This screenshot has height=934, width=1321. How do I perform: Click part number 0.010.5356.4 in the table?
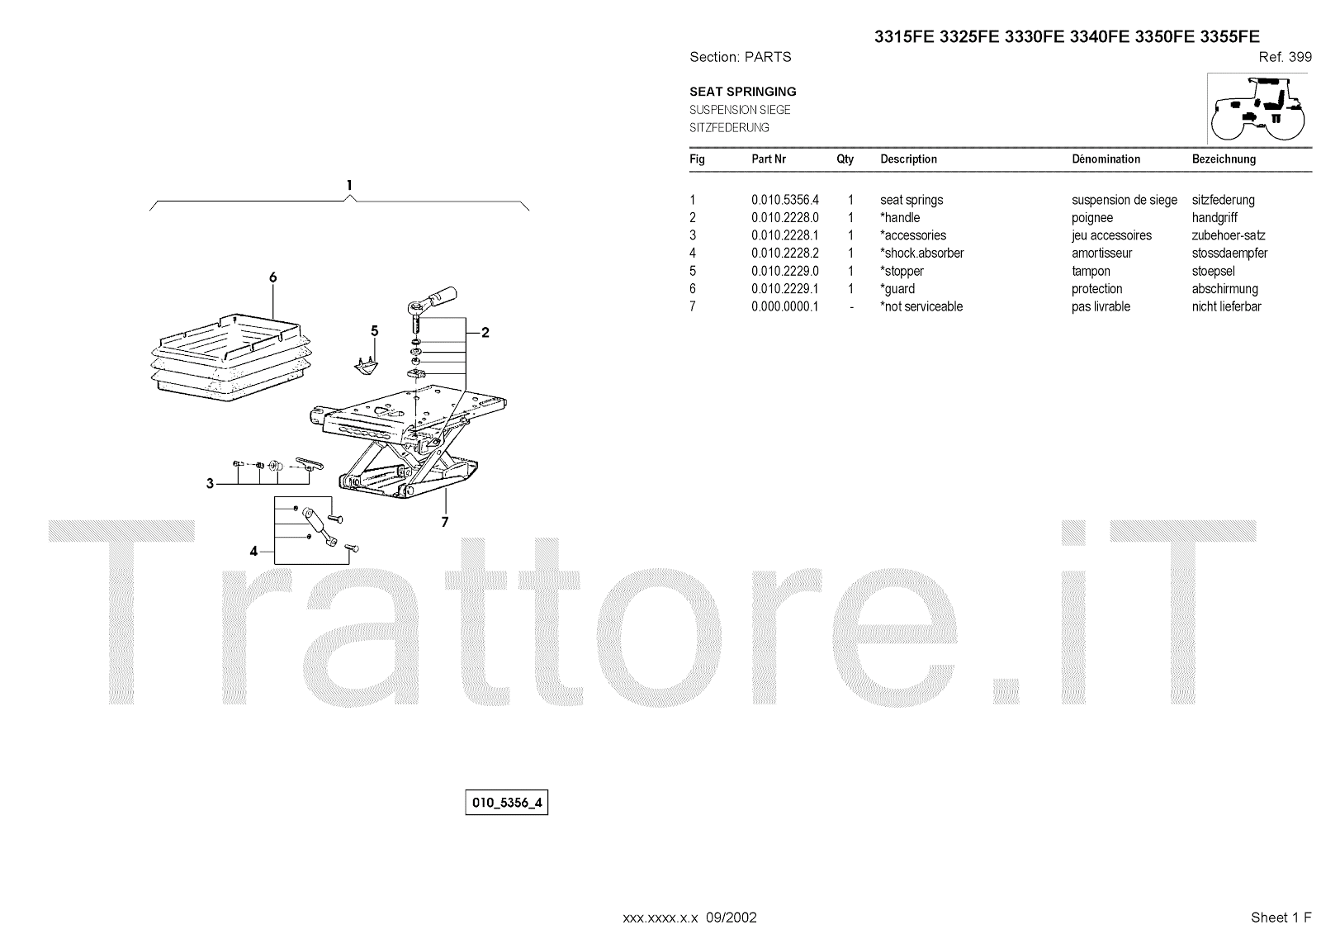coord(784,200)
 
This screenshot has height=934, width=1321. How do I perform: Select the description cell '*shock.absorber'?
coord(921,254)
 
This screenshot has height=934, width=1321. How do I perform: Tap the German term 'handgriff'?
coord(1214,218)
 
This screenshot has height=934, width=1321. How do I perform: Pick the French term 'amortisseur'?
coord(1101,254)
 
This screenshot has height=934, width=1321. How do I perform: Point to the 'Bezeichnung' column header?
coord(1224,159)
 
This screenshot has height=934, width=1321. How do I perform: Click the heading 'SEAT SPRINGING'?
coord(742,92)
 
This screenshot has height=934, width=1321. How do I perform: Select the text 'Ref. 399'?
coord(1285,57)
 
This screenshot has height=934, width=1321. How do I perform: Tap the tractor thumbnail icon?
coord(1257,108)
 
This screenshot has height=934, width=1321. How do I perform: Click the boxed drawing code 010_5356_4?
coord(506,803)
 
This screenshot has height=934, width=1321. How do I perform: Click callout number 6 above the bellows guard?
coord(272,277)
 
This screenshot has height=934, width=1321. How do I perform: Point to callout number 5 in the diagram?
coord(374,331)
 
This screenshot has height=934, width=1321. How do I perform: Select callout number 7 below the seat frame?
coord(444,522)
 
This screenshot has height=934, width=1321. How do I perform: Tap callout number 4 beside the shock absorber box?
coord(254,551)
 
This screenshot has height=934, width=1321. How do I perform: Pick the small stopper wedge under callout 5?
coord(366,363)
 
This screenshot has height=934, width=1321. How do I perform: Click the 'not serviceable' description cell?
coord(921,307)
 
